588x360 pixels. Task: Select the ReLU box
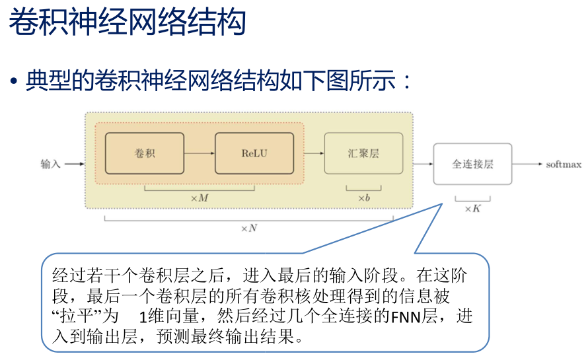pos(254,153)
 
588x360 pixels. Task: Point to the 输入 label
pos(50,164)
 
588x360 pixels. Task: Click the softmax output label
pos(563,164)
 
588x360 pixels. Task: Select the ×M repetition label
pos(199,198)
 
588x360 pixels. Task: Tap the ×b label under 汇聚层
pos(363,198)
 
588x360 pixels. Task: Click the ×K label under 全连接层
pos(472,208)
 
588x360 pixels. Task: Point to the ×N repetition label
pos(248,229)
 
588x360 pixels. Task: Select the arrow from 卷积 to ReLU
pos(200,153)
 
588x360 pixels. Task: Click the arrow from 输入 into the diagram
pos(75,164)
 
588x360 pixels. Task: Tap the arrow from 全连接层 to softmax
pos(528,164)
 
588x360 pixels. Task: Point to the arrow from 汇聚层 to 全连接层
pos(422,164)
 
